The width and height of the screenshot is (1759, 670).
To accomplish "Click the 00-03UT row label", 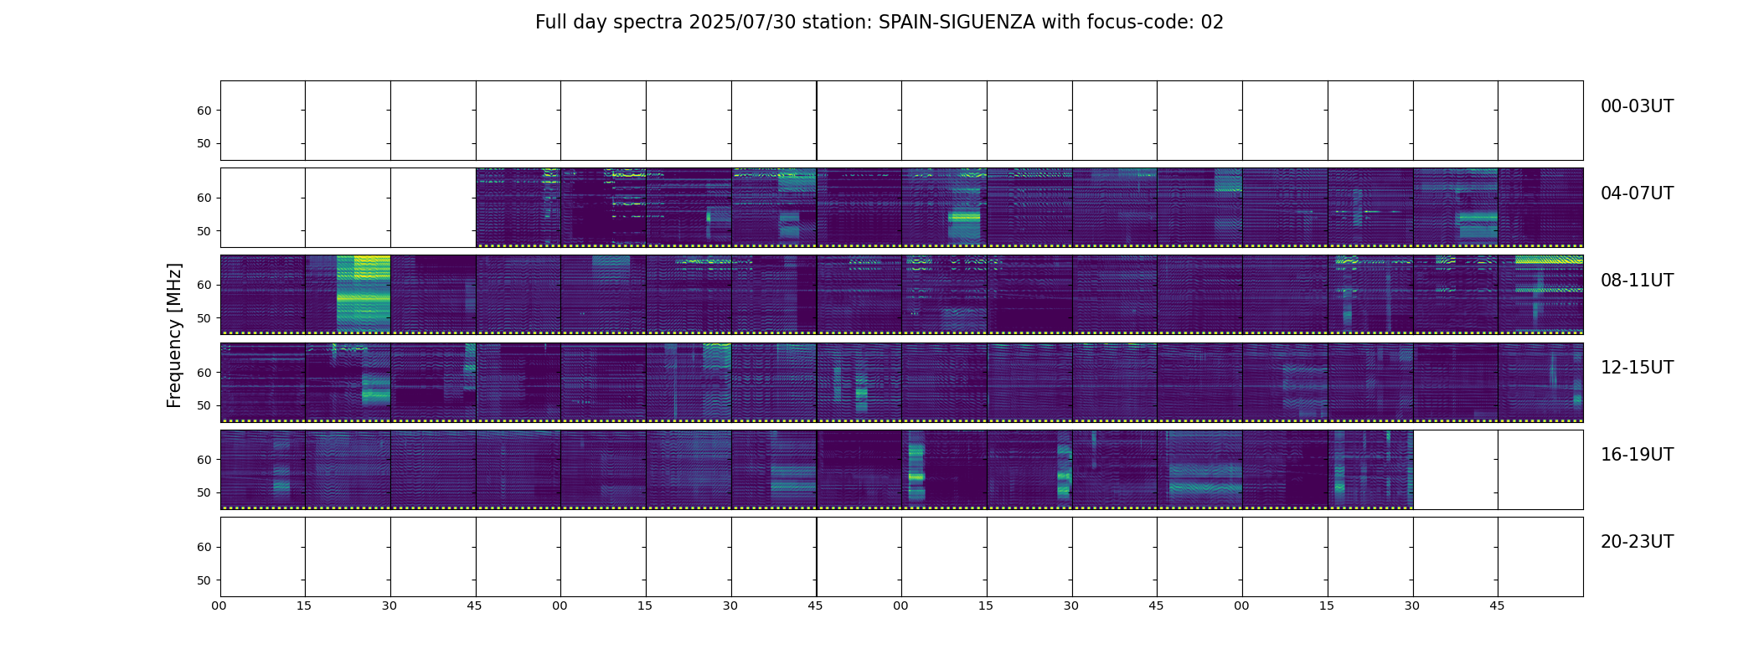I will [1637, 106].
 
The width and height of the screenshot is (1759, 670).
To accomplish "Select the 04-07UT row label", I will [1637, 193].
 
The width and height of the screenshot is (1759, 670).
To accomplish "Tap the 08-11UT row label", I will [1637, 281].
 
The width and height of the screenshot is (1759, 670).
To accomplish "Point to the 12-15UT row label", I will [1637, 368].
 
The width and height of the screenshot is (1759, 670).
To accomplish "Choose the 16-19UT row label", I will [1637, 455].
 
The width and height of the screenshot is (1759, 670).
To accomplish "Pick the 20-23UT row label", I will [1637, 542].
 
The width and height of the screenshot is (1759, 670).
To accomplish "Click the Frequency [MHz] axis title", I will [174, 335].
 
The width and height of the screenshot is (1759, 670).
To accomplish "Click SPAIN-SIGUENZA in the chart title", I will [957, 23].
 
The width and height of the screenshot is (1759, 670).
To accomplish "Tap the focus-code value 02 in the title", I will [1212, 23].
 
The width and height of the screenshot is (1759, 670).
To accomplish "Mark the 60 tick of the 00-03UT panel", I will [204, 111].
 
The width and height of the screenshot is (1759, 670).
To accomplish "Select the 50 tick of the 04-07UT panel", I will [204, 231].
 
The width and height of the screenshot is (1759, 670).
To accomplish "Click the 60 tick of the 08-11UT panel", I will [204, 285].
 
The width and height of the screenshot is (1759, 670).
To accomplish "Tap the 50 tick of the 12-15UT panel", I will [204, 405].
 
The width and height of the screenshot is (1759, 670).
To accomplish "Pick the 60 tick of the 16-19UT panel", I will [204, 460].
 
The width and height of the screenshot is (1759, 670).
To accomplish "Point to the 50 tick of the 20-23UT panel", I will [204, 580].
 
